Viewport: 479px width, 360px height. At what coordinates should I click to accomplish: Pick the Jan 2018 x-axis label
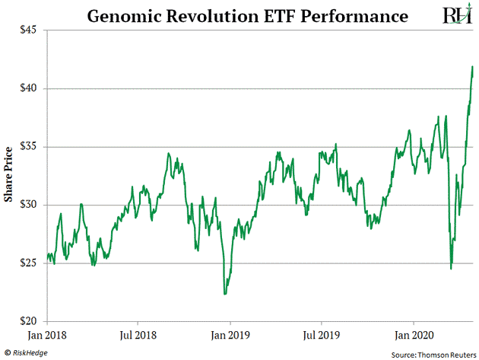tap(48, 333)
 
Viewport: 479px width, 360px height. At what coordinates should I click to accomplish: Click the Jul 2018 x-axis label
tap(138, 333)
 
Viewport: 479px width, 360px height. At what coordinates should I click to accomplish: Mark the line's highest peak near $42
tap(473, 67)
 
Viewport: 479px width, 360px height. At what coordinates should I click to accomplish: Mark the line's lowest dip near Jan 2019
tap(224, 294)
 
